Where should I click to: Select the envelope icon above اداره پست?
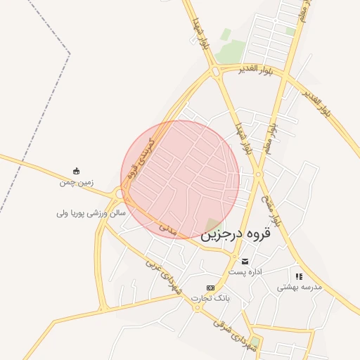pos(245,261)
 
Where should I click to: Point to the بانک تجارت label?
pos(214,299)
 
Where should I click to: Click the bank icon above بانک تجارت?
pos(210,288)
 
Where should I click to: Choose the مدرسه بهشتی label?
pos(299,287)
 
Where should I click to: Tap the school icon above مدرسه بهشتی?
pos(299,276)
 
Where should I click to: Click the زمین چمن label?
pos(76,182)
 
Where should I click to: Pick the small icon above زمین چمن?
pos(76,171)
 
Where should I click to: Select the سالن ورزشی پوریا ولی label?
pos(91,212)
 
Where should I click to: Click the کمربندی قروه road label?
pos(141,159)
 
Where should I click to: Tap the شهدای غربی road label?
pos(163,276)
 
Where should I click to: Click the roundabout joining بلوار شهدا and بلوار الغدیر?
pos(215,71)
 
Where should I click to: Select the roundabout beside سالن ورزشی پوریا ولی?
pos(120,193)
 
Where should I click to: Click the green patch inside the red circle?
pos(211,224)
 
